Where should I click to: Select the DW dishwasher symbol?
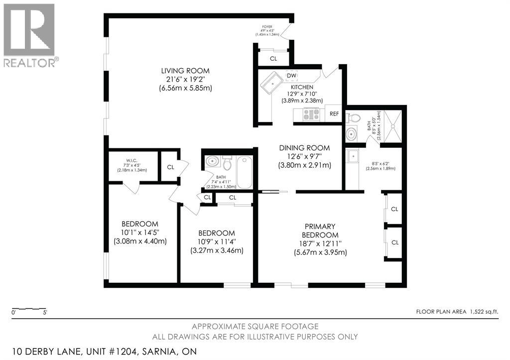(x=291, y=76)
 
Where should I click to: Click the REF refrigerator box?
(x=334, y=114)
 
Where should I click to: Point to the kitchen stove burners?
(x=311, y=114)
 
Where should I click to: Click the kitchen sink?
(x=272, y=83)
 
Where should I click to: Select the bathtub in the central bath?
(x=244, y=172)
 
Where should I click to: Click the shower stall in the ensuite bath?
(x=393, y=126)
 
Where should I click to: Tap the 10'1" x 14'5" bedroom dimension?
(x=140, y=233)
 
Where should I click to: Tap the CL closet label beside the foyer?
(x=273, y=59)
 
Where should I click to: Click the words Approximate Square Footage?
(x=255, y=326)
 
